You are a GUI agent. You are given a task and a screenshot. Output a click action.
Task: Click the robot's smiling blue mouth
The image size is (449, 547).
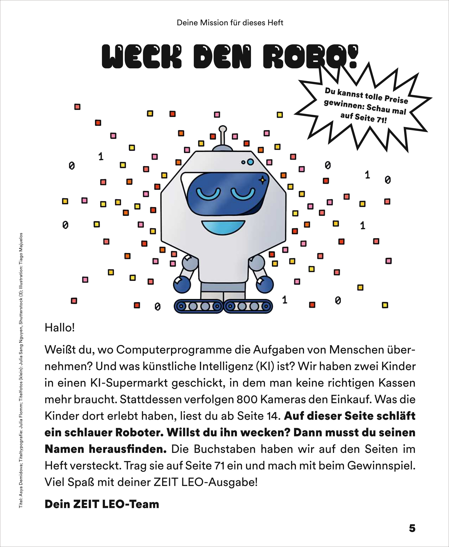223,227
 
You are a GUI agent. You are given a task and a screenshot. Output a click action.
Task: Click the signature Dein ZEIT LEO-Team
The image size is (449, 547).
102,504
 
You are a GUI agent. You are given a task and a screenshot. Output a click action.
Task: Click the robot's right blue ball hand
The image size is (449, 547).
264,284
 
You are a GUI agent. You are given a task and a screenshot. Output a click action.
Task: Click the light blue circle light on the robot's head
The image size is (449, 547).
250,162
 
